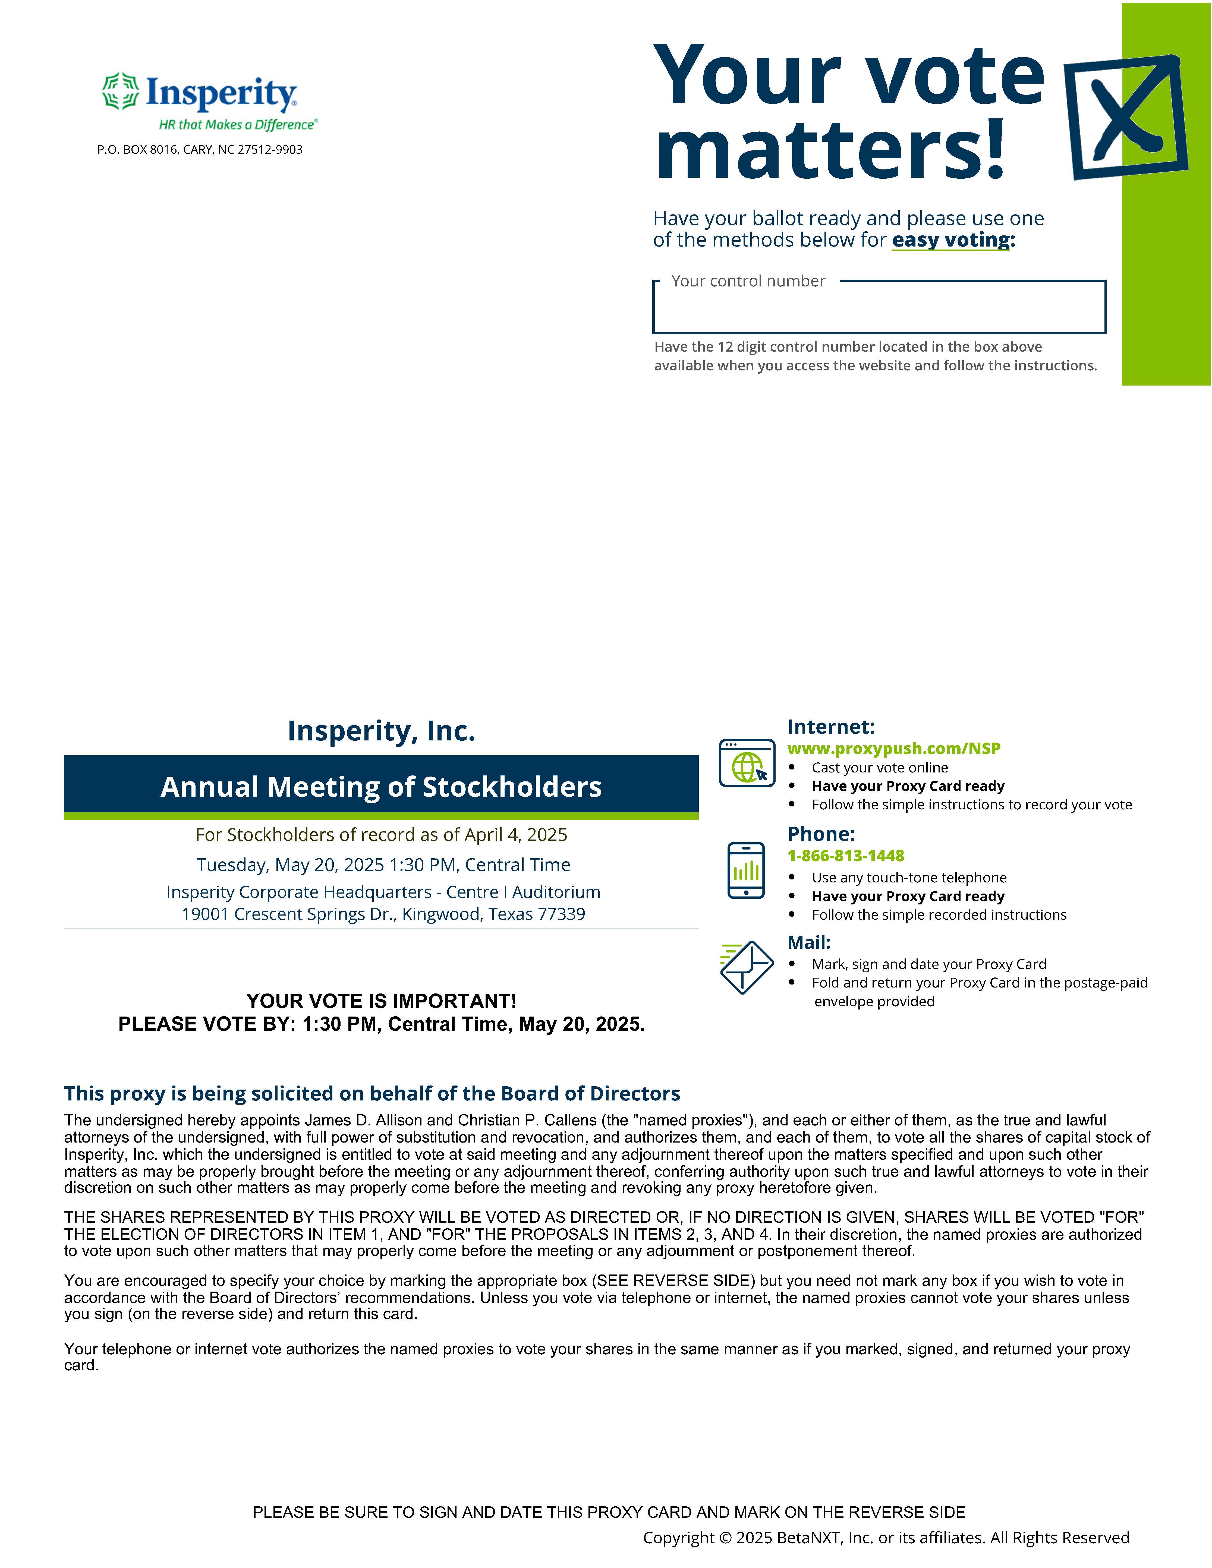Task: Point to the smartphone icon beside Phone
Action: pyautogui.click(x=746, y=870)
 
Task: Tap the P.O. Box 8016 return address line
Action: pyautogui.click(x=200, y=149)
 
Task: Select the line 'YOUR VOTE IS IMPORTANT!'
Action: pyautogui.click(x=381, y=1001)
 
